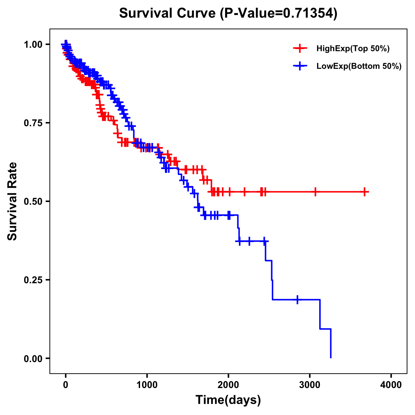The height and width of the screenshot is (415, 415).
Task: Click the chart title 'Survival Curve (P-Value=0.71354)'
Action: pos(228,13)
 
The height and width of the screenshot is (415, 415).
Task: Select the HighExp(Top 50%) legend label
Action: pos(353,49)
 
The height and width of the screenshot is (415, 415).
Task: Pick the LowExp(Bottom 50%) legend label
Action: pos(359,66)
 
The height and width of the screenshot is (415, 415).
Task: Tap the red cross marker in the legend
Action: pos(300,48)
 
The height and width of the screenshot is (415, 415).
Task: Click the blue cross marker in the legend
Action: pos(300,66)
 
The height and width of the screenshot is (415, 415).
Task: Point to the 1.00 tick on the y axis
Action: pos(33,45)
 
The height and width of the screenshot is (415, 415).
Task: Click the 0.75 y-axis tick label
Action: pos(33,123)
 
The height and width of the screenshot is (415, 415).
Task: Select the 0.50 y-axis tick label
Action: pos(33,202)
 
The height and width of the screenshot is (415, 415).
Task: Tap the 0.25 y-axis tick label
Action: pos(33,280)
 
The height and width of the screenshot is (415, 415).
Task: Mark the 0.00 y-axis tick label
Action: pos(33,359)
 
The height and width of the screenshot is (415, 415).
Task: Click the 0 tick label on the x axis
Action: pos(66,385)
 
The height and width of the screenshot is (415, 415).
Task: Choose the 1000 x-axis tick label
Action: pos(147,385)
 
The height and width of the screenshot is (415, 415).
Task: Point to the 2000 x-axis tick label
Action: pos(228,385)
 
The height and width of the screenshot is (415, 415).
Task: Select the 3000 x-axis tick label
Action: pos(310,385)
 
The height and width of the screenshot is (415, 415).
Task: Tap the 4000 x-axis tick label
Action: pos(391,385)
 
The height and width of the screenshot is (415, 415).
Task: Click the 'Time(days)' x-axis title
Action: pos(228,400)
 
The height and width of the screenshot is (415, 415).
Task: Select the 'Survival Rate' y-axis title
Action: pos(12,201)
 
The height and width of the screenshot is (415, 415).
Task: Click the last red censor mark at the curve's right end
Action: pos(365,192)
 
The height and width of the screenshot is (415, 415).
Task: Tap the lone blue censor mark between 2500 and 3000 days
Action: pos(297,299)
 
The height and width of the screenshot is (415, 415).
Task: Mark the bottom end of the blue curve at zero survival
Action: pos(331,358)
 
